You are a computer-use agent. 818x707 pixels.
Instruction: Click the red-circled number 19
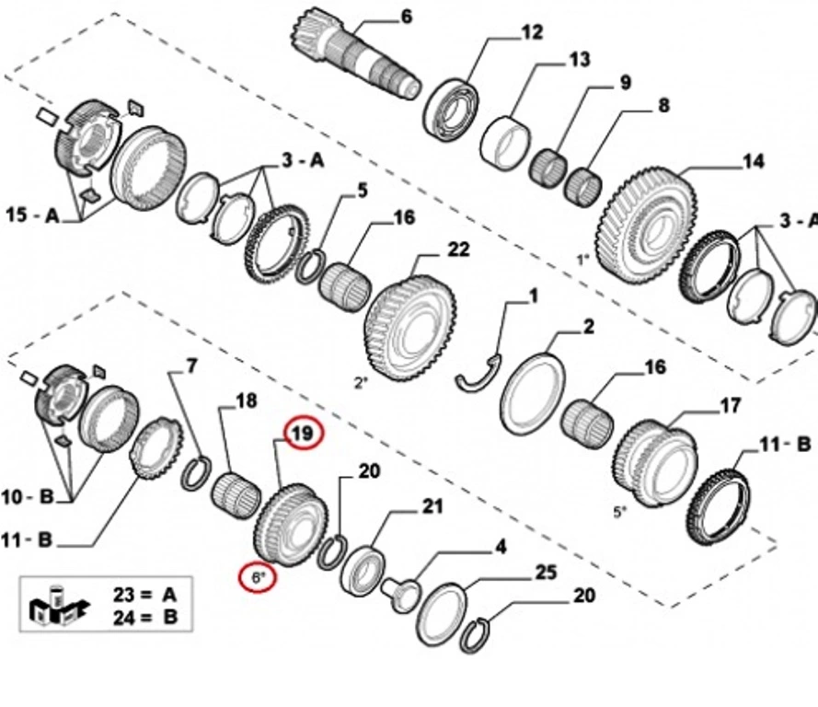click(304, 433)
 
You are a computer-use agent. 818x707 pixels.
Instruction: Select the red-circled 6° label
click(259, 577)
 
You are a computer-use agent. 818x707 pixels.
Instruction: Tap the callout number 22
click(457, 249)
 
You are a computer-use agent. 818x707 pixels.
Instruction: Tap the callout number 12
click(532, 33)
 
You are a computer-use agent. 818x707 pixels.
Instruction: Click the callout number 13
click(578, 60)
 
